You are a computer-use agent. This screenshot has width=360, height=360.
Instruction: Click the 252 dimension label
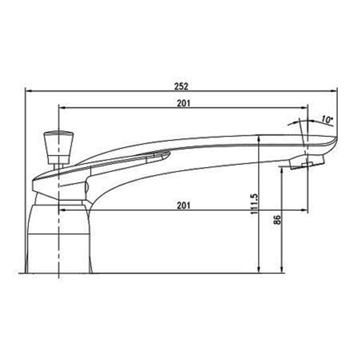click(181, 86)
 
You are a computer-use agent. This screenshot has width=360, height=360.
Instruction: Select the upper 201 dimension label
click(184, 103)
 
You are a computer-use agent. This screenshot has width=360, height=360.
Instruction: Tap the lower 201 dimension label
click(184, 205)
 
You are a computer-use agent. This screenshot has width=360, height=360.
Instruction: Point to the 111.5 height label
click(254, 204)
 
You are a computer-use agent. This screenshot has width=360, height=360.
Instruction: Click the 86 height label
click(277, 220)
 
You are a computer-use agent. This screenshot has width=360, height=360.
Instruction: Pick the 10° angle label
click(327, 120)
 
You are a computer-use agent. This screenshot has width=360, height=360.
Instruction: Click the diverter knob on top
click(59, 148)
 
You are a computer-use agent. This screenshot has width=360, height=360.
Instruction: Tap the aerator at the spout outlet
click(307, 162)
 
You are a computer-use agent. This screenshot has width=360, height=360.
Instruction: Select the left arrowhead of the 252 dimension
click(29, 91)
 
